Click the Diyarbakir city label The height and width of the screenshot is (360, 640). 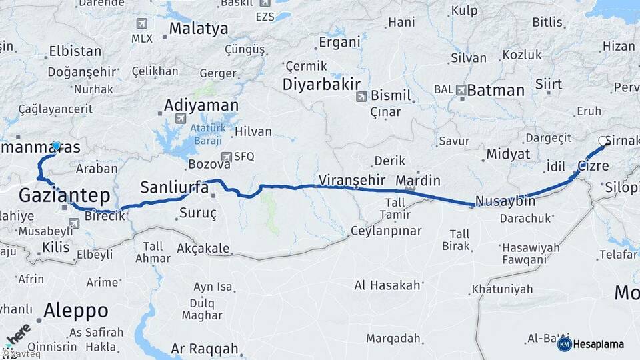(321, 85)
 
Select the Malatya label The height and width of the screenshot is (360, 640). (198, 29)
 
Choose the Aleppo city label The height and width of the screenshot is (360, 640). (76, 310)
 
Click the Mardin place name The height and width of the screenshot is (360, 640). (418, 180)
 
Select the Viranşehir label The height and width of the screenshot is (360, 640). (353, 179)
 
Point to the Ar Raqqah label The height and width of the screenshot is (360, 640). (204, 348)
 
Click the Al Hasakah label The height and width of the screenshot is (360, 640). (387, 285)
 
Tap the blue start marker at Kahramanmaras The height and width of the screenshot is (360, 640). (56, 145)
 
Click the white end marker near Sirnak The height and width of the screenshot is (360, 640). (603, 141)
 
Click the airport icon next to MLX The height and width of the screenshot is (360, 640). (141, 23)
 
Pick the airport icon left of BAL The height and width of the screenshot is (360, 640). (461, 89)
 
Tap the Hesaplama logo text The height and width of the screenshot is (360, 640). (598, 344)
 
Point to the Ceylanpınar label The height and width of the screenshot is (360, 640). (387, 231)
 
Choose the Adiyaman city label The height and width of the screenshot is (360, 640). (201, 105)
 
